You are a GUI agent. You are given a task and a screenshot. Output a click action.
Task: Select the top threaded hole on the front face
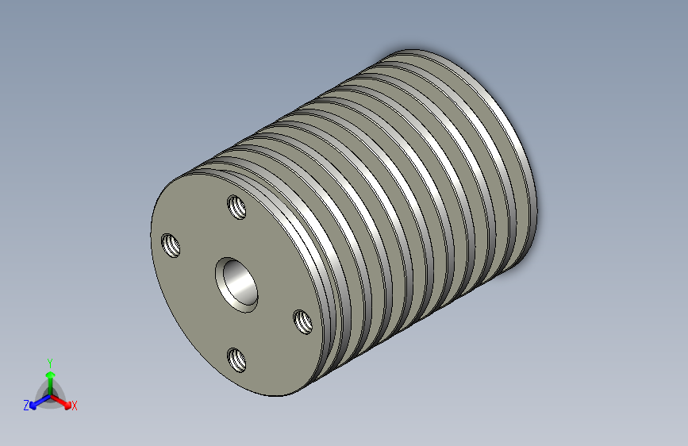tap(236, 208)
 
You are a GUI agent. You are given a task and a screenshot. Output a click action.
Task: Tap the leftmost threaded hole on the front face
tap(171, 245)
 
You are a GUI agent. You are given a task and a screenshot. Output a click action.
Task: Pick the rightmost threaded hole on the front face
tap(303, 321)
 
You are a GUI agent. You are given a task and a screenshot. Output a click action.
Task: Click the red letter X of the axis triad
tap(75, 406)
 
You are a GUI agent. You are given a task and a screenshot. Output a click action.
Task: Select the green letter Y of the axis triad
tap(50, 360)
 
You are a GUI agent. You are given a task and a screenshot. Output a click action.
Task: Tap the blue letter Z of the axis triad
tap(26, 406)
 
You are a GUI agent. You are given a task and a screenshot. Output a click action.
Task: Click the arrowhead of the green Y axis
tap(50, 374)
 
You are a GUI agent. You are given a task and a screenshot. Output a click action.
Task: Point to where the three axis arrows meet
tap(50, 394)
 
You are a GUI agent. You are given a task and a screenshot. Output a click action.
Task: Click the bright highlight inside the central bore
tap(233, 278)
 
